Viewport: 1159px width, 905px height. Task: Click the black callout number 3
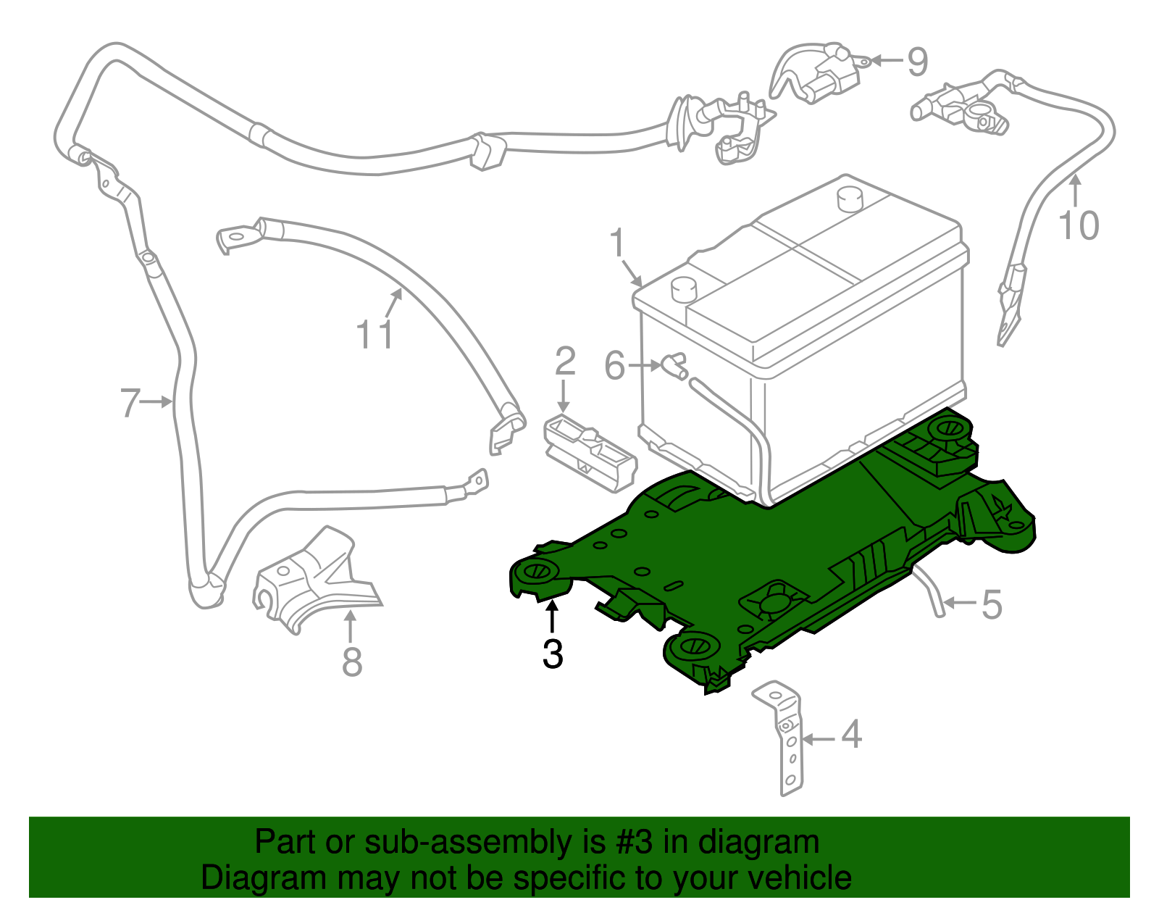pyautogui.click(x=553, y=654)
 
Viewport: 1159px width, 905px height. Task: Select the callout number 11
pyautogui.click(x=375, y=335)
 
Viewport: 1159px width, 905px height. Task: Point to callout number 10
pyautogui.click(x=1079, y=225)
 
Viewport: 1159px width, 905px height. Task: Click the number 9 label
pyautogui.click(x=918, y=62)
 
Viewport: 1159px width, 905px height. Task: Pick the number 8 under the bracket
pyautogui.click(x=352, y=662)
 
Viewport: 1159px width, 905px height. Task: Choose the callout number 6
pyautogui.click(x=614, y=366)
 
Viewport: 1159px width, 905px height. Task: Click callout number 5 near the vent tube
pyautogui.click(x=992, y=604)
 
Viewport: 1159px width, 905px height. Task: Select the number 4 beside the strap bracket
pyautogui.click(x=852, y=735)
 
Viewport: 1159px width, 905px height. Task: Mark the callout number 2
pyautogui.click(x=565, y=362)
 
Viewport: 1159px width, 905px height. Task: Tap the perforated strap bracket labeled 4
pyautogui.click(x=786, y=739)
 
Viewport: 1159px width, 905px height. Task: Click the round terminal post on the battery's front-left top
pyautogui.click(x=683, y=289)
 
